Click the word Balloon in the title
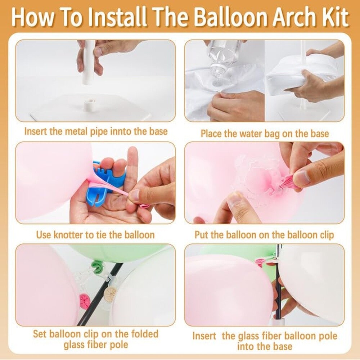(230, 17)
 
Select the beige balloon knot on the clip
(110, 293)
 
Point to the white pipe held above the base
(89, 62)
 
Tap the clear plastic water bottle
(220, 60)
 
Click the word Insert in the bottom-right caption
(204, 336)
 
